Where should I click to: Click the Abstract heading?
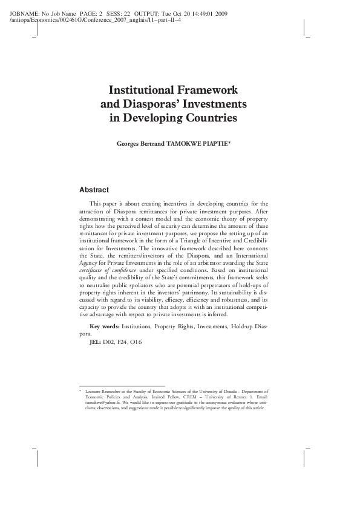94,190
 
